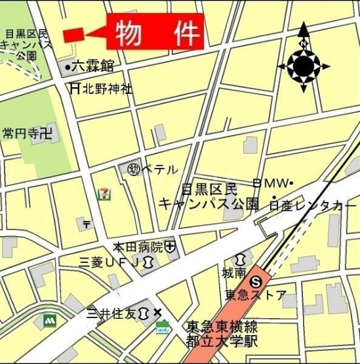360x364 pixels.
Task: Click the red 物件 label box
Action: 157,33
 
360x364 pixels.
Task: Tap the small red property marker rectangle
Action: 73,34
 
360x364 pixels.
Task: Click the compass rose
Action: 303,64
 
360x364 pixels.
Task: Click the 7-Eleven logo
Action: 102,194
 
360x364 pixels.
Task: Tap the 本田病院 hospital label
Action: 138,247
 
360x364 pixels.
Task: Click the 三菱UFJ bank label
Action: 108,263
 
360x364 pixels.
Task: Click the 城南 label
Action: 234,271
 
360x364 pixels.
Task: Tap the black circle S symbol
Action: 258,280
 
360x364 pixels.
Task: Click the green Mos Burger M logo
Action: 49,321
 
